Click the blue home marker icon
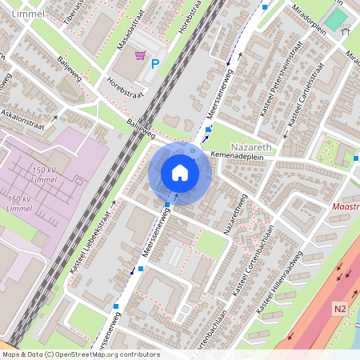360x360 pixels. [x=180, y=173]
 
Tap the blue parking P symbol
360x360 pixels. [x=155, y=64]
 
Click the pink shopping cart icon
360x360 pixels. [x=140, y=55]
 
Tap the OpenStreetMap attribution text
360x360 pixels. [x=80, y=354]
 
